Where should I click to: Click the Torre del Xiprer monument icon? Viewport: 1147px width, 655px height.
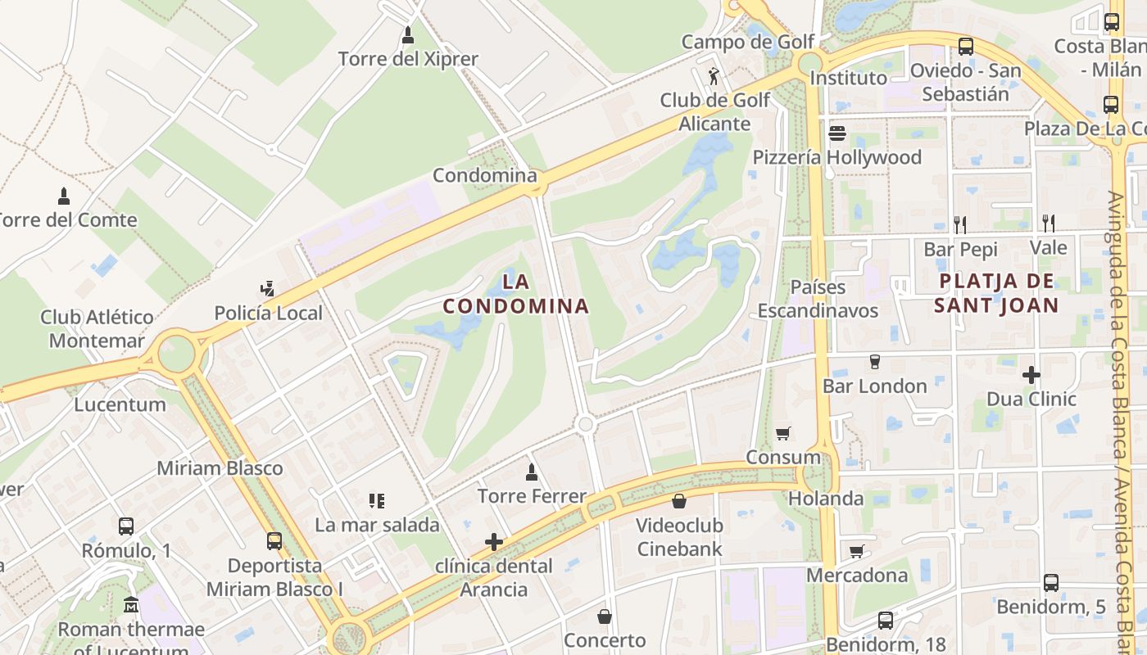[408, 36]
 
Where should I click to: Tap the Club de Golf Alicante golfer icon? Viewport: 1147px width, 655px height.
[714, 77]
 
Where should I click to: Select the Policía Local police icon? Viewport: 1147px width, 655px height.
[266, 289]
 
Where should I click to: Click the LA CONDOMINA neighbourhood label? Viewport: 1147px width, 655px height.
[516, 294]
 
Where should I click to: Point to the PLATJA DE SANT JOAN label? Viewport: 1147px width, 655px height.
[999, 293]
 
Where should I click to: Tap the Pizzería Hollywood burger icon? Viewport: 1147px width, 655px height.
[836, 133]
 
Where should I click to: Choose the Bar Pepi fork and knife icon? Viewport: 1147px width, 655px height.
[960, 224]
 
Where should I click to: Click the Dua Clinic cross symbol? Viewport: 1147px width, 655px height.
[1031, 375]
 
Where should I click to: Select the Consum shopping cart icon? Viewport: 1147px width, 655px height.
[783, 433]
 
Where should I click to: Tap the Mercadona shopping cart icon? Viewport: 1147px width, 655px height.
[856, 551]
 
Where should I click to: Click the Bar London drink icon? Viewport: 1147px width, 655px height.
[874, 361]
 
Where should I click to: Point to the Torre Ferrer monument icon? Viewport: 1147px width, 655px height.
[532, 472]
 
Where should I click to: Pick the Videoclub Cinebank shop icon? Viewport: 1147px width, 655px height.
[679, 500]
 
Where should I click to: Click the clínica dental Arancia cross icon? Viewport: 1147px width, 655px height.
[493, 541]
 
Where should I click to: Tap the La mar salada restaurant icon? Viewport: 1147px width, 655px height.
[377, 500]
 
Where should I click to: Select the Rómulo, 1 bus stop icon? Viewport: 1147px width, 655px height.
[125, 526]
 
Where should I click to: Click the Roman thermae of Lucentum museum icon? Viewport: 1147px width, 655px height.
[131, 605]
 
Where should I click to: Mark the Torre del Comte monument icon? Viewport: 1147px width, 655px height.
[64, 196]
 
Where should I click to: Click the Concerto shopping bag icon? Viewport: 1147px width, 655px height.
[605, 616]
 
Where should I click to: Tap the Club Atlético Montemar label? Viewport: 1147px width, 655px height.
[97, 328]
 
